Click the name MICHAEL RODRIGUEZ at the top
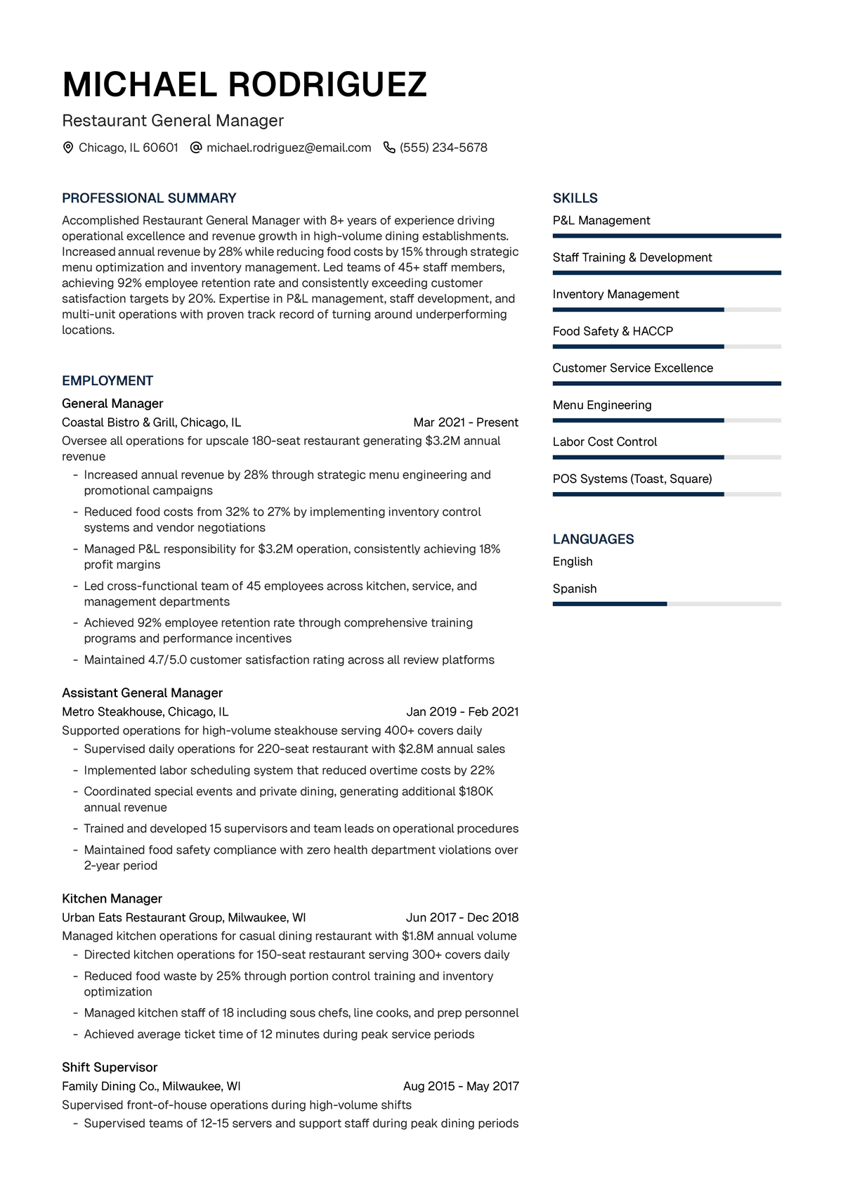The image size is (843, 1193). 244,85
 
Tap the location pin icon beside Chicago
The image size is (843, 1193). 68,148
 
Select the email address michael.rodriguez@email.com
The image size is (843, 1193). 289,148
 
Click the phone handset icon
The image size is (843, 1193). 389,148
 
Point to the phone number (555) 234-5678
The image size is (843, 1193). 443,148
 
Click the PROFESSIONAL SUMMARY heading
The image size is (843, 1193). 149,198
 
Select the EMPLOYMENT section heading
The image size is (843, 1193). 107,381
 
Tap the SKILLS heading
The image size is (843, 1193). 575,198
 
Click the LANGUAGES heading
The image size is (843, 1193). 593,539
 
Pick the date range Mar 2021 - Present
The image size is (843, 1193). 466,423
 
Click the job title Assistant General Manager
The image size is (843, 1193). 142,693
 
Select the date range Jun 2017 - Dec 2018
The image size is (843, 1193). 462,917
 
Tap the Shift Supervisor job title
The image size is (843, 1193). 110,1067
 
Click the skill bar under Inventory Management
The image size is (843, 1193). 666,309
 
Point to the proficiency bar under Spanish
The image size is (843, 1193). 666,604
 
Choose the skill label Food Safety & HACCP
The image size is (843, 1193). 613,331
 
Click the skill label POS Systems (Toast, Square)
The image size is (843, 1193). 632,479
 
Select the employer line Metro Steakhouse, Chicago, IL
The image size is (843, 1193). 145,711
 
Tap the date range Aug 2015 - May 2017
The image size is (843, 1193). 461,1086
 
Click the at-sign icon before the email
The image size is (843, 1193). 197,148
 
